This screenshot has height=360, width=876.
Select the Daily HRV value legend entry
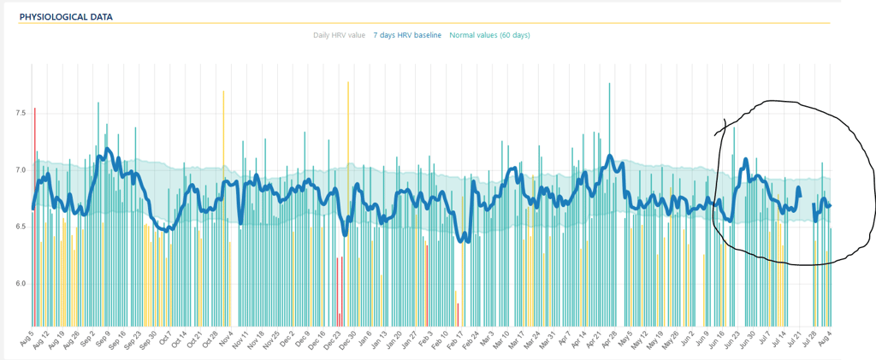(339, 35)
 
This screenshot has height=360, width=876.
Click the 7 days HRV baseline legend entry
(408, 35)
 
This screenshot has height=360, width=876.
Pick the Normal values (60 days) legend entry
(490, 35)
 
